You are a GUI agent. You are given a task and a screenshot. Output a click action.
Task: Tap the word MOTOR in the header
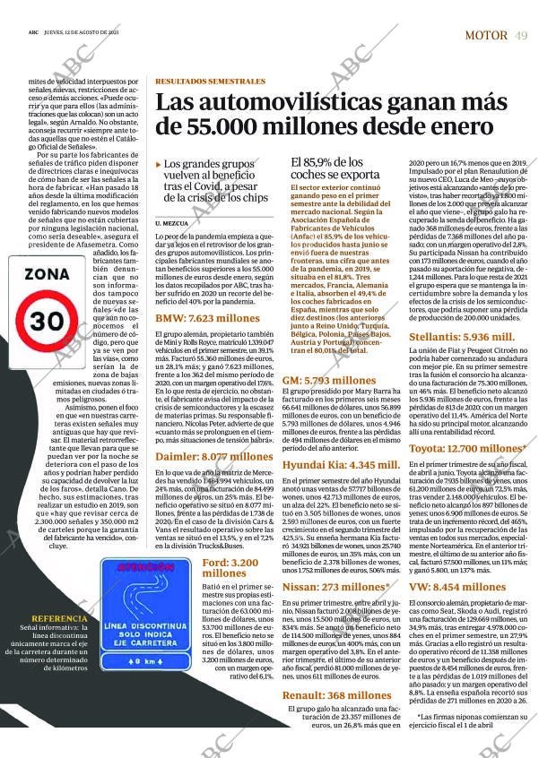click(487, 35)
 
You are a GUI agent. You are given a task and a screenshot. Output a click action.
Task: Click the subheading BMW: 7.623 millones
click(207, 318)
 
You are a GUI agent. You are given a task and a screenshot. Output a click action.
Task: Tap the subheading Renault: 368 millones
click(325, 670)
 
